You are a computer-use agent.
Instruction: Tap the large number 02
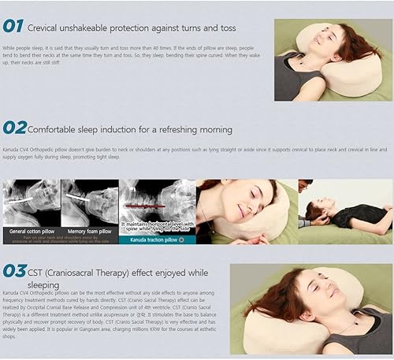tap(15, 127)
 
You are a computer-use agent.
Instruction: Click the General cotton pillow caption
tap(31, 232)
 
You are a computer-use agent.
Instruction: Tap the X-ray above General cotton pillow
tap(31, 202)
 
